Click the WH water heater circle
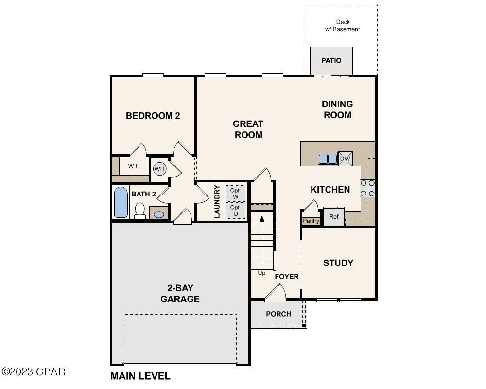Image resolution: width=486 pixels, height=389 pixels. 159,169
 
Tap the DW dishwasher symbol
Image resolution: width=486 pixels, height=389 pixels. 345,159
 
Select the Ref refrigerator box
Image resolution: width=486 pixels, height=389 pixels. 334,217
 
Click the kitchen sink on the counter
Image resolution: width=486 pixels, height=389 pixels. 328,159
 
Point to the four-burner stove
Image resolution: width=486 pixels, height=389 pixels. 367,188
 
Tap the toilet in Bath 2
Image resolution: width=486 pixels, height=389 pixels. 140,211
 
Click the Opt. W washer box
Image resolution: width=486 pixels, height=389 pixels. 236,194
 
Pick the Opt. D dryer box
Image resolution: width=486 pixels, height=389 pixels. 236,211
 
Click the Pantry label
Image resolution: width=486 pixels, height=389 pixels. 311,221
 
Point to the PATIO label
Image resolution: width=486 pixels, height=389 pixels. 331,61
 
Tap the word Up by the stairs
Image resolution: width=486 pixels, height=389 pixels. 261,273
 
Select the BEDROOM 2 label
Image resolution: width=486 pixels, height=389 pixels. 153,116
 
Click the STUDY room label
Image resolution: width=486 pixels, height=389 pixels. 338,263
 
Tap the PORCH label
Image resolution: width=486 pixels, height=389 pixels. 278,314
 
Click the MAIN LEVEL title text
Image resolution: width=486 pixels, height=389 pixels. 140,376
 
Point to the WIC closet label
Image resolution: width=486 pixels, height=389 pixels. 134,166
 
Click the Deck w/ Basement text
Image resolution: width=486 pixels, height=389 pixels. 343,26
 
